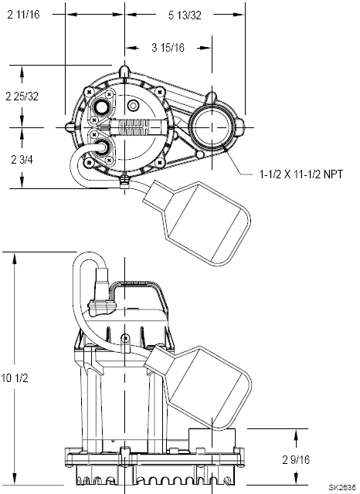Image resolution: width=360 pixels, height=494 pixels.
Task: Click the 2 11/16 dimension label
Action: pos(24,15)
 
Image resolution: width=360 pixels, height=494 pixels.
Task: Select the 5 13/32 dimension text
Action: pos(185,15)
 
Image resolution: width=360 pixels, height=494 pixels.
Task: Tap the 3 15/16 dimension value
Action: pos(168,48)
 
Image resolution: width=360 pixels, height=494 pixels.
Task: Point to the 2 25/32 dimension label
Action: pos(22,96)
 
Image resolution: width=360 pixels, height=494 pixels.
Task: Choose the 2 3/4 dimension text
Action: pos(22,160)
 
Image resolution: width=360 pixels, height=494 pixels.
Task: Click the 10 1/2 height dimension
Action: pos(15,377)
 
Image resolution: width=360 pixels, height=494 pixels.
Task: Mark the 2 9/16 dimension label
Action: pos(296,460)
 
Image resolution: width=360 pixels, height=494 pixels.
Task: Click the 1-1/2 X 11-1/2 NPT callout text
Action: pos(301,174)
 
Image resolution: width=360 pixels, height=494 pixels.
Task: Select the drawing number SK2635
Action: pos(343,488)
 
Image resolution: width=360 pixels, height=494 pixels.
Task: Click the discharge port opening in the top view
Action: pos(212,127)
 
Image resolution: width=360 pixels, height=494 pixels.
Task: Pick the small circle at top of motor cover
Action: pos(133,106)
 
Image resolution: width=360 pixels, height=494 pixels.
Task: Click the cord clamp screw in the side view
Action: pos(125,339)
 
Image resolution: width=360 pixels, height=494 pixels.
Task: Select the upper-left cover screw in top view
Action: pos(90,92)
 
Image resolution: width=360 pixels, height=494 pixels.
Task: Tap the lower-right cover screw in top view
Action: pos(160,163)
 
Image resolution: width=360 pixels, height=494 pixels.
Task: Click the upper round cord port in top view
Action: pos(101,107)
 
